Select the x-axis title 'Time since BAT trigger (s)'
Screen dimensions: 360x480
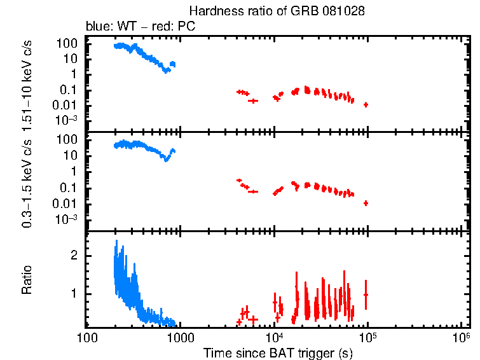(278, 352)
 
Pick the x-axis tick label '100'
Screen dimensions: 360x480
(87, 337)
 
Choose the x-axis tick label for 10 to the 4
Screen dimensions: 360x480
(274, 336)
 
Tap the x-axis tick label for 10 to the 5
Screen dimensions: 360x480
(367, 336)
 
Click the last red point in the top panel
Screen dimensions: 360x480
(366, 104)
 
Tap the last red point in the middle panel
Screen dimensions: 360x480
(366, 203)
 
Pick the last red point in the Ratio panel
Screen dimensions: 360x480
(366, 294)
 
